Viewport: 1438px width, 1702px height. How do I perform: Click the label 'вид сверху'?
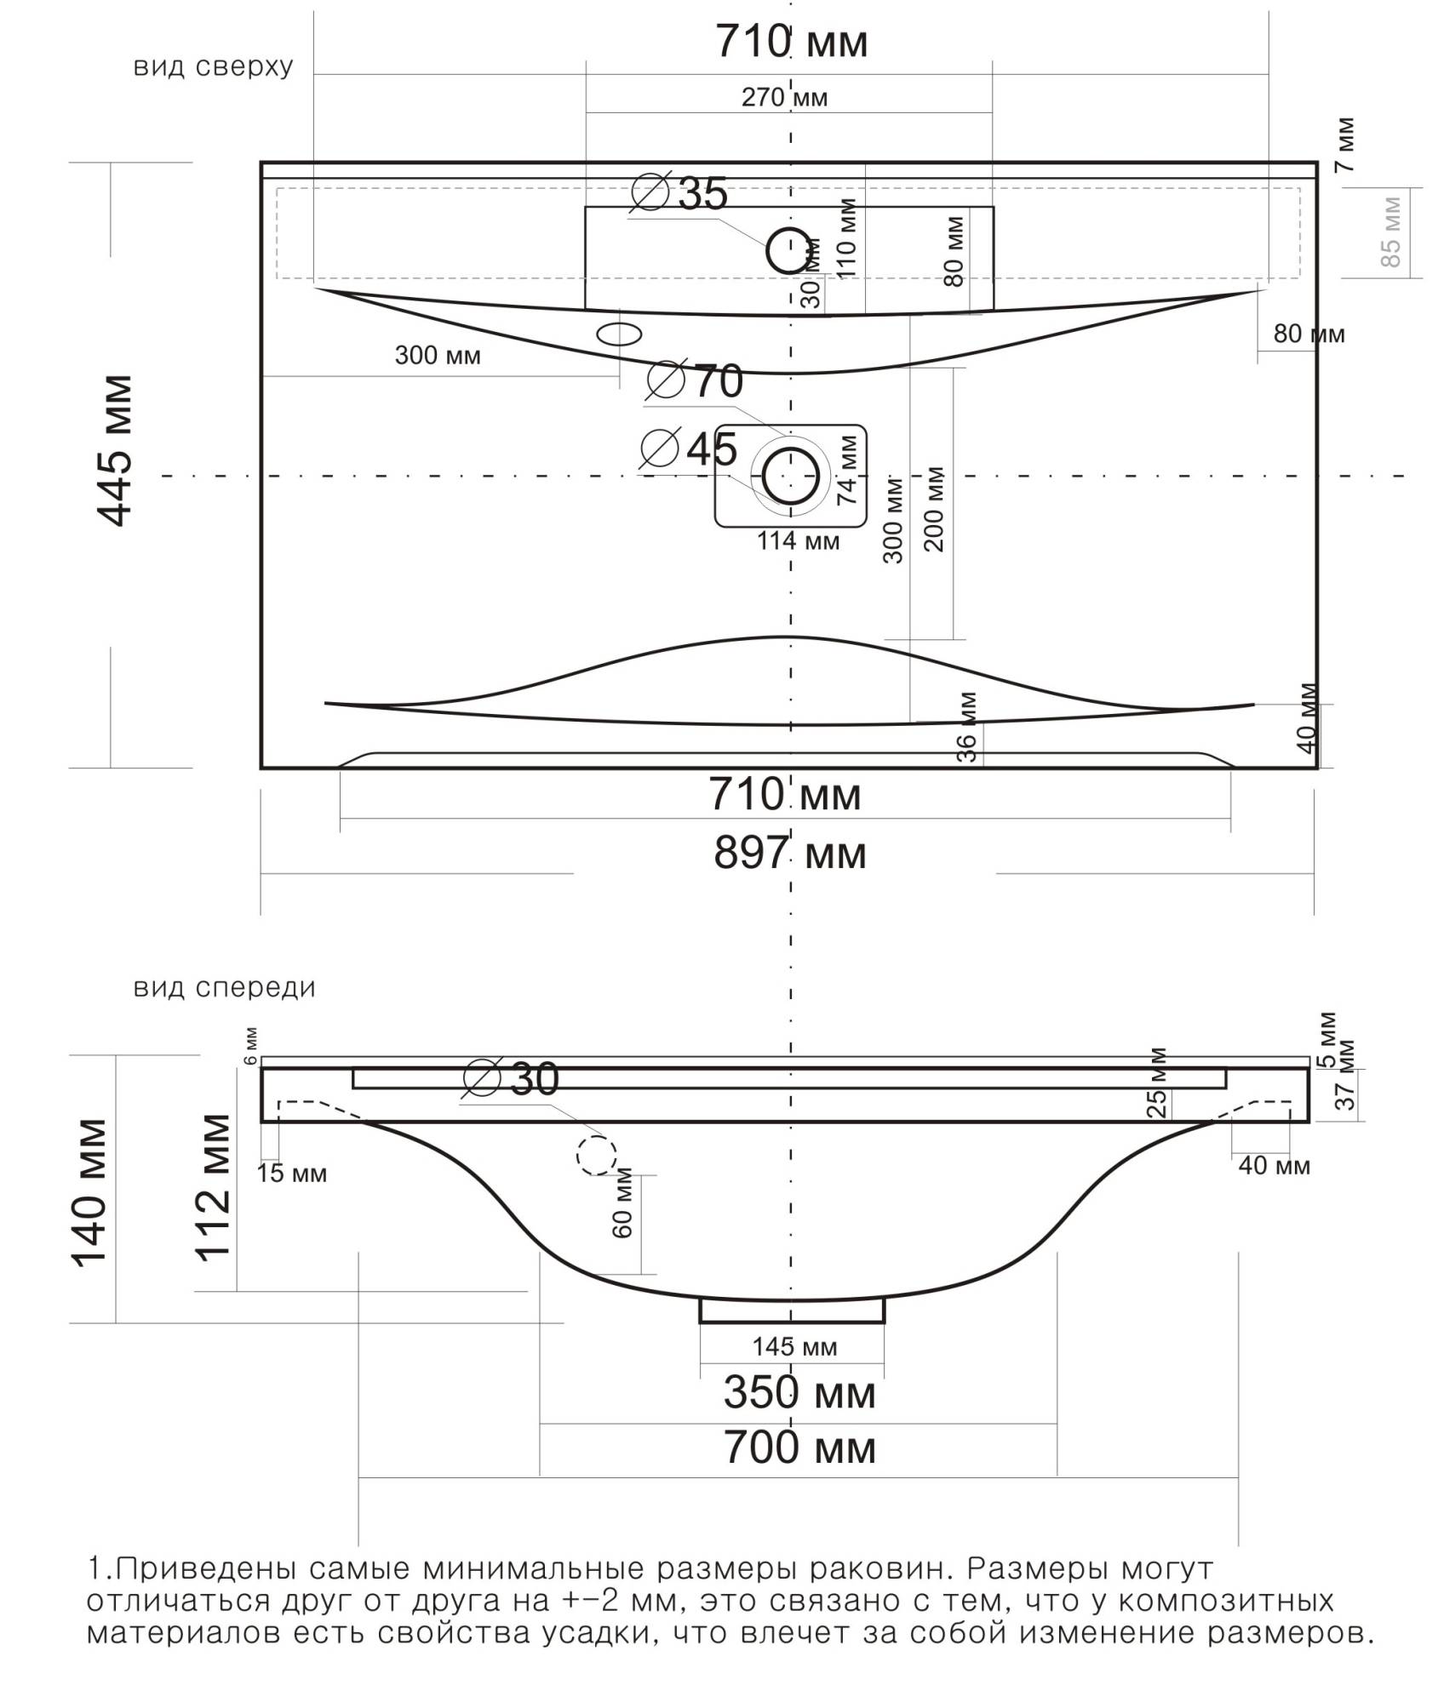click(213, 66)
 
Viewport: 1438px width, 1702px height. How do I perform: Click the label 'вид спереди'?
click(225, 988)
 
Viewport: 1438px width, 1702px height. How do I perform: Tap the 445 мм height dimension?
click(115, 450)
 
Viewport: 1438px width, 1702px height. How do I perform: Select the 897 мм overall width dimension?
click(790, 854)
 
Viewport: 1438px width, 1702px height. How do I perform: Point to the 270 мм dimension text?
click(784, 98)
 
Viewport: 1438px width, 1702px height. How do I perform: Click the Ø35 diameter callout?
click(679, 194)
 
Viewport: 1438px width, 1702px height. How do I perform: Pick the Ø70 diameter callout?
click(695, 380)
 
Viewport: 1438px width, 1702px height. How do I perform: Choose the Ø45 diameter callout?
click(689, 448)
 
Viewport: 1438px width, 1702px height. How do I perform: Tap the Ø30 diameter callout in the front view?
click(512, 1080)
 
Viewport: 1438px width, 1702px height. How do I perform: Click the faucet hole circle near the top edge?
click(789, 250)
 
